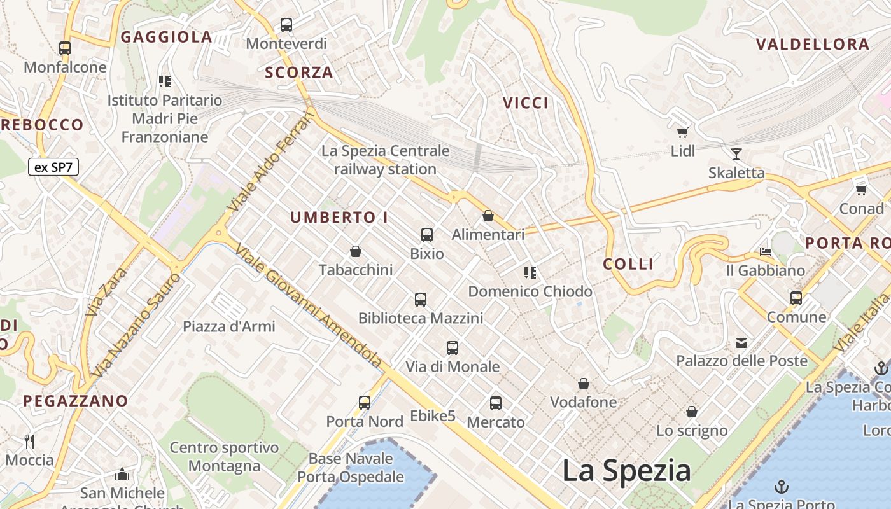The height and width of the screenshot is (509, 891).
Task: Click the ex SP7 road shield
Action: pyautogui.click(x=53, y=167)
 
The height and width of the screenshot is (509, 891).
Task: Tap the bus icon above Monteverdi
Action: pyautogui.click(x=286, y=25)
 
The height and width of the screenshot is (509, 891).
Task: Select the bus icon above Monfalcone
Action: pyautogui.click(x=65, y=48)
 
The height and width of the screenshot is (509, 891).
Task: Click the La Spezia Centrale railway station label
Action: pyautogui.click(x=385, y=160)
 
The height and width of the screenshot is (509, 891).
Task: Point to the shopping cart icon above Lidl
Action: pyautogui.click(x=683, y=132)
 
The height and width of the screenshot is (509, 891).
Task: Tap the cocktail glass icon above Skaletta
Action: pyautogui.click(x=736, y=153)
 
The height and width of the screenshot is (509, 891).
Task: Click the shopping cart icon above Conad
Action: pyautogui.click(x=862, y=189)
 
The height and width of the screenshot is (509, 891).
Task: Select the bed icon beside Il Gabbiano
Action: pyautogui.click(x=766, y=252)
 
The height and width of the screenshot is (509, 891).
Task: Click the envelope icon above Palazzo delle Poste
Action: pyautogui.click(x=741, y=343)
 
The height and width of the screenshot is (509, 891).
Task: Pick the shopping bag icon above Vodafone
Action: pyautogui.click(x=583, y=384)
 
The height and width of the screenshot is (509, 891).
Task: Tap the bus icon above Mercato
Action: pyautogui.click(x=496, y=403)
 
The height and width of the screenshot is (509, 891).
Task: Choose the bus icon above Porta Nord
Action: pyautogui.click(x=365, y=402)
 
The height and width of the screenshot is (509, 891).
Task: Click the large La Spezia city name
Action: pyautogui.click(x=626, y=471)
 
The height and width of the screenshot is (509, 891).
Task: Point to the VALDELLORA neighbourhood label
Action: pyautogui.click(x=813, y=45)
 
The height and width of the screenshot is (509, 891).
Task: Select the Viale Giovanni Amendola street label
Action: pyautogui.click(x=308, y=305)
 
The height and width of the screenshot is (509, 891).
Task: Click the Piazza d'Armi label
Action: pyautogui.click(x=229, y=326)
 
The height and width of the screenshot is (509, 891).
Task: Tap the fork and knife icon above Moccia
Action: pyautogui.click(x=29, y=441)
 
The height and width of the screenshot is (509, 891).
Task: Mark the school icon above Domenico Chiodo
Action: pyautogui.click(x=530, y=273)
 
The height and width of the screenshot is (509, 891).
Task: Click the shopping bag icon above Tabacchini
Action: pyautogui.click(x=356, y=251)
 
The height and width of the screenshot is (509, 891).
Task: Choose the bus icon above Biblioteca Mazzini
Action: pyautogui.click(x=420, y=299)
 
